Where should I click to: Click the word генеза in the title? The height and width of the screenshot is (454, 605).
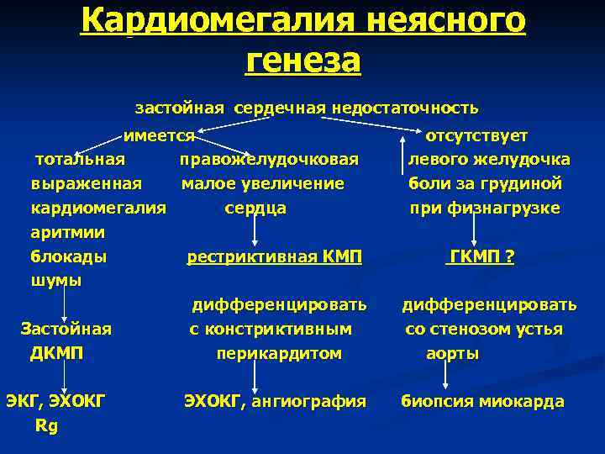click(302, 61)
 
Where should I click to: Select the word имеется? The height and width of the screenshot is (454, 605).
click(160, 135)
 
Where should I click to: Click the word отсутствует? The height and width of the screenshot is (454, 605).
click(476, 135)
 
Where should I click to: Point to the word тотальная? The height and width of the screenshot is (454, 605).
click(80, 160)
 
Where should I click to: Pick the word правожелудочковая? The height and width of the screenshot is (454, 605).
click(269, 160)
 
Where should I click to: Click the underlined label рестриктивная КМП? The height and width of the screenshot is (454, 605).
click(274, 257)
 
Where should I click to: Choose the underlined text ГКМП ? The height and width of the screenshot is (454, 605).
click(480, 257)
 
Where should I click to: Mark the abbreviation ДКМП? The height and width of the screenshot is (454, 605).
click(56, 353)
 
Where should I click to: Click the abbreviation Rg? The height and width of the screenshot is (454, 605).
click(46, 425)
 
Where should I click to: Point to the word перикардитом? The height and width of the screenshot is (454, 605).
click(279, 354)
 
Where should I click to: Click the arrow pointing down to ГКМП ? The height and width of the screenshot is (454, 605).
click(475, 230)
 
